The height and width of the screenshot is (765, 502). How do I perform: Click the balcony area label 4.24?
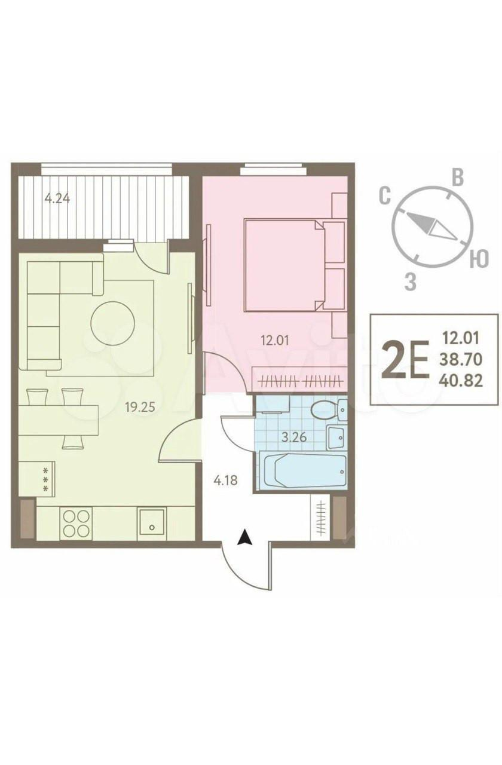pyautogui.click(x=57, y=198)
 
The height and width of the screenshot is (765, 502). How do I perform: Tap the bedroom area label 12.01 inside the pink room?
pyautogui.click(x=274, y=340)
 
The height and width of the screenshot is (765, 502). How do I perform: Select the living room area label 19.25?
pyautogui.click(x=140, y=407)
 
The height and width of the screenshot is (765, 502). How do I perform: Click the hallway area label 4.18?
pyautogui.click(x=225, y=481)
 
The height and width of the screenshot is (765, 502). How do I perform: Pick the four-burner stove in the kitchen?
pyautogui.click(x=76, y=523)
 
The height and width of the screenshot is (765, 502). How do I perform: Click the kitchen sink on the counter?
pyautogui.click(x=152, y=524)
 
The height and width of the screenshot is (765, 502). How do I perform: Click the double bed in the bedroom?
pyautogui.click(x=293, y=265)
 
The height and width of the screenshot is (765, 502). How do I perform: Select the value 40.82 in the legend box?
pyautogui.click(x=461, y=380)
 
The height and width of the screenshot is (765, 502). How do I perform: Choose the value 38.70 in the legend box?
pyautogui.click(x=461, y=359)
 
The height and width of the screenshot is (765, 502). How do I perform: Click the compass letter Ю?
pyautogui.click(x=479, y=259)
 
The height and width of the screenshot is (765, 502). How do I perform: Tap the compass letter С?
pyautogui.click(x=385, y=197)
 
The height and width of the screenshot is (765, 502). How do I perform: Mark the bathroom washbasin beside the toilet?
pyautogui.click(x=336, y=437)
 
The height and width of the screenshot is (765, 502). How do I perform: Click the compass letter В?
pyautogui.click(x=458, y=178)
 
